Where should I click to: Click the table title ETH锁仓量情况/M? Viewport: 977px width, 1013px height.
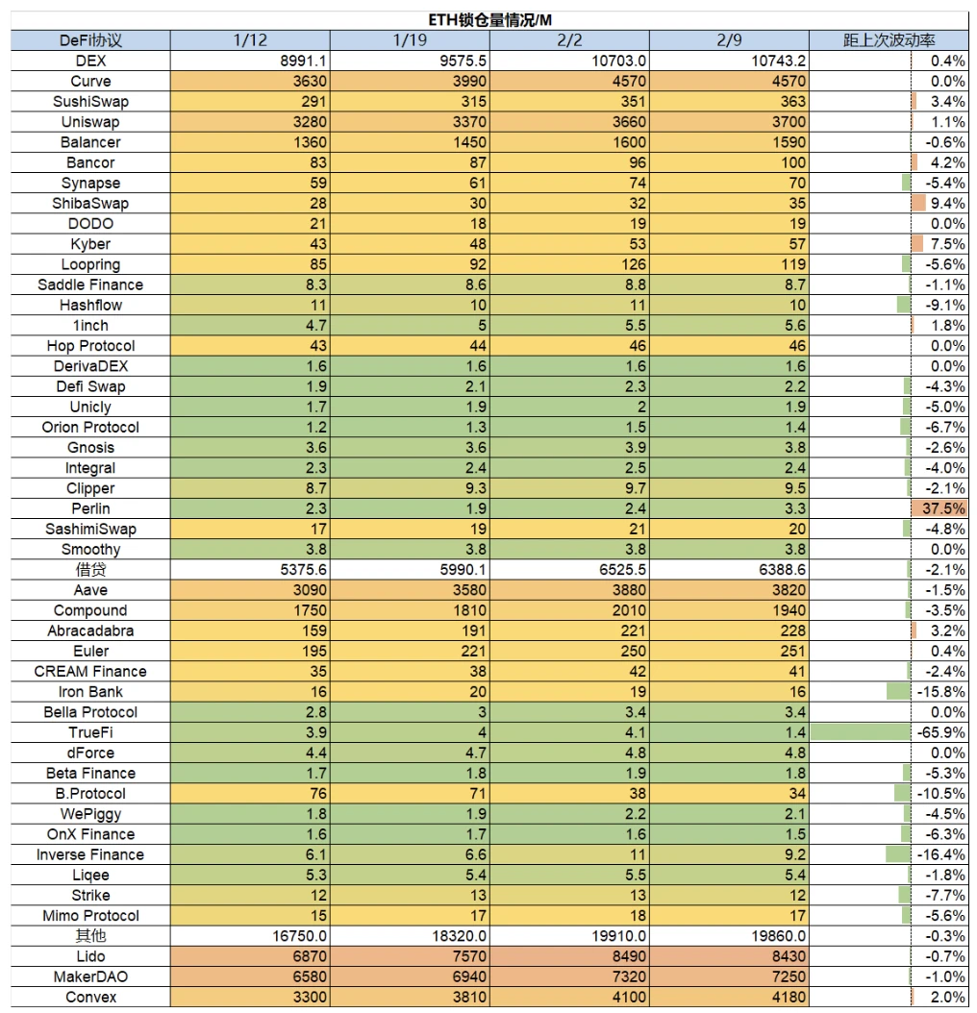pos(489,20)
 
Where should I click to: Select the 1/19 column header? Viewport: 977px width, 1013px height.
pos(410,40)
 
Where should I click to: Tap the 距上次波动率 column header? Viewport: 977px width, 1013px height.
pos(889,40)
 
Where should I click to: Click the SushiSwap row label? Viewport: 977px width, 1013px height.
pos(90,102)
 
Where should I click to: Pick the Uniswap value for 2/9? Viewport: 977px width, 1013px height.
pos(789,122)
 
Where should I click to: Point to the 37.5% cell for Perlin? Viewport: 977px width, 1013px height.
pos(943,508)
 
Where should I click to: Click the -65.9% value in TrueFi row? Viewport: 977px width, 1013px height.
pos(940,732)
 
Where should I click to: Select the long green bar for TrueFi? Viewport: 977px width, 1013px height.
pos(861,732)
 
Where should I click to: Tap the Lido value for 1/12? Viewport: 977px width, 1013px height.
pos(310,956)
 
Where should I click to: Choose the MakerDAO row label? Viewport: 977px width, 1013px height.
pos(90,976)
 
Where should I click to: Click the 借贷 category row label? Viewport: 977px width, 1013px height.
pos(90,570)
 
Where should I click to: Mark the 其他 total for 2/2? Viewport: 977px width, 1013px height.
pos(618,936)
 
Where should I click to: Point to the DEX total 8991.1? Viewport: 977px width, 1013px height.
pos(303,61)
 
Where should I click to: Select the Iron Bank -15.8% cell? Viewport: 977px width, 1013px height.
pos(940,692)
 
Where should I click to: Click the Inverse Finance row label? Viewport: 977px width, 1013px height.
pos(90,854)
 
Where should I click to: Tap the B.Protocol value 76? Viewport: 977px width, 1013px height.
pos(318,793)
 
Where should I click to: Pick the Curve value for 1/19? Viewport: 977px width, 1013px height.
pos(469,82)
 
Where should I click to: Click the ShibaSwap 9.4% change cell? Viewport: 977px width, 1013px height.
pos(947,204)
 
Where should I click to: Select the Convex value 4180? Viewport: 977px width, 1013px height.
pos(789,997)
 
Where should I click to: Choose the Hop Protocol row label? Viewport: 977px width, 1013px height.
pos(90,346)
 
